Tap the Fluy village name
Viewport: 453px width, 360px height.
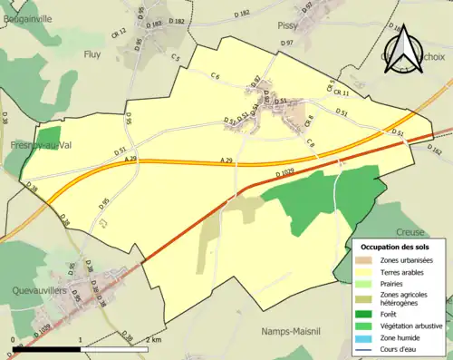point(93,54)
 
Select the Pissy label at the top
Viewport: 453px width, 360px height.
point(287,26)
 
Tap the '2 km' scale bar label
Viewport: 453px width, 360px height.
point(155,339)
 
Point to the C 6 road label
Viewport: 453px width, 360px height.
point(215,76)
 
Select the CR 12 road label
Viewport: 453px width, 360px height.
point(117,34)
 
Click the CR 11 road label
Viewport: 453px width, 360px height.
point(340,92)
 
